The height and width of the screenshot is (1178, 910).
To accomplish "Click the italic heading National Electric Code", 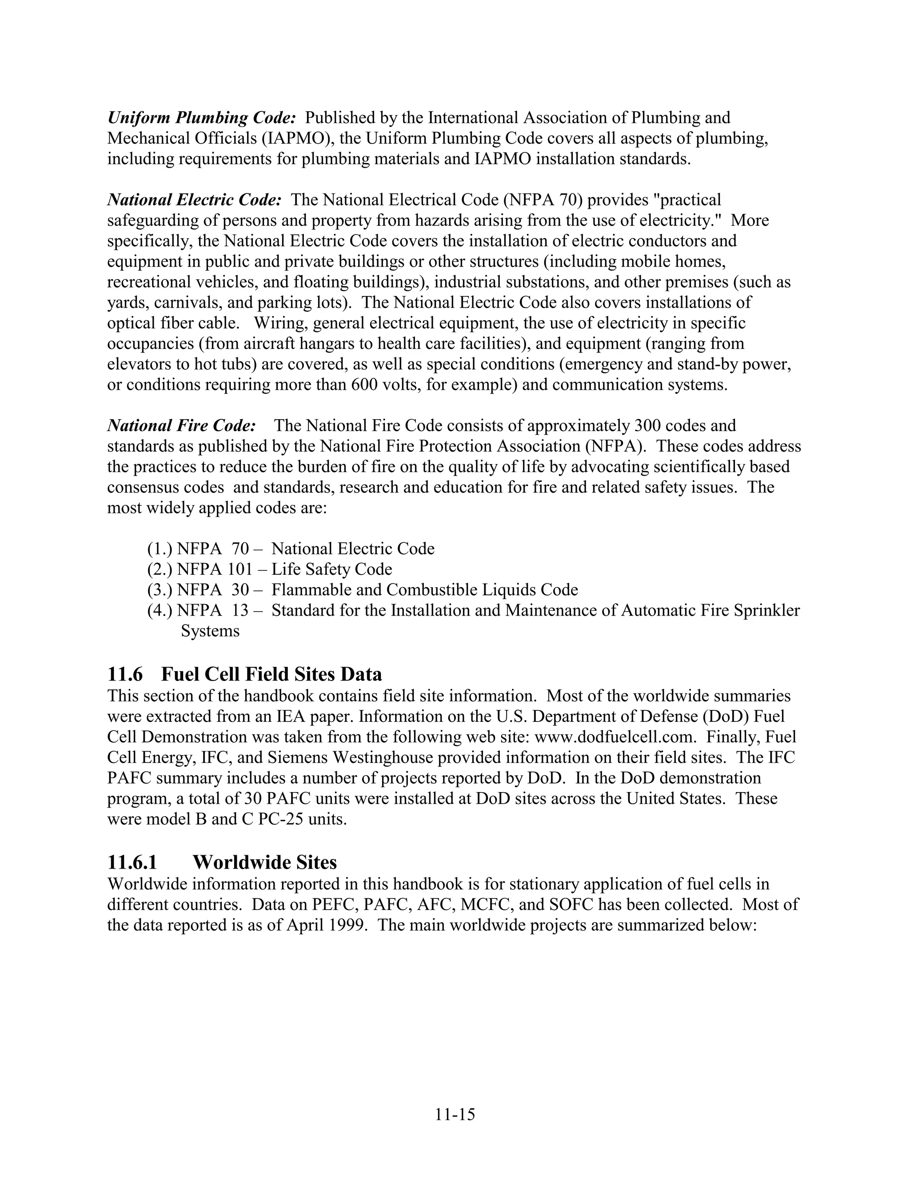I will pyautogui.click(x=194, y=200).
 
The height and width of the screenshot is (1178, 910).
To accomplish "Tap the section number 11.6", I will pyautogui.click(x=124, y=674).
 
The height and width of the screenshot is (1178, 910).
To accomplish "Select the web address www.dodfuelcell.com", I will pyautogui.click(x=615, y=737).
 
